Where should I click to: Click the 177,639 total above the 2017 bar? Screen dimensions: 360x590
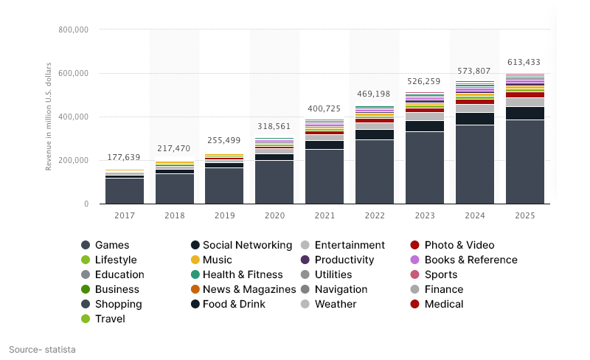coord(125,157)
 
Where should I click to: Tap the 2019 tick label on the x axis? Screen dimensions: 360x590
coord(224,215)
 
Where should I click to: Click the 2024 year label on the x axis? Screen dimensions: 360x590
coord(475,215)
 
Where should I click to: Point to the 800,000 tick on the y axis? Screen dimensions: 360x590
coord(73,30)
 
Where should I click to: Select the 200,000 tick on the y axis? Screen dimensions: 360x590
coord(73,160)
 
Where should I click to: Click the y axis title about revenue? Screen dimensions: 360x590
coord(49,117)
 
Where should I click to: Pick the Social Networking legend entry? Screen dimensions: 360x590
coord(247,245)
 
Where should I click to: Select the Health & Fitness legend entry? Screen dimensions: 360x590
coord(243,274)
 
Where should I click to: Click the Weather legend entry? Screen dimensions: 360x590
coord(335,304)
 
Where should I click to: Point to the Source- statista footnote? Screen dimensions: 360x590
coord(42,349)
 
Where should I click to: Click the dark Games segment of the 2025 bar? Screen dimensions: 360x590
coord(525,162)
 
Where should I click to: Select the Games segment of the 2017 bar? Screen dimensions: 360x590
coord(125,191)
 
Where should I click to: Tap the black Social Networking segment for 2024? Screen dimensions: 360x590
coord(475,119)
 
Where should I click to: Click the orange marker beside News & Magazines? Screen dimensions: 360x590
coord(195,289)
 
